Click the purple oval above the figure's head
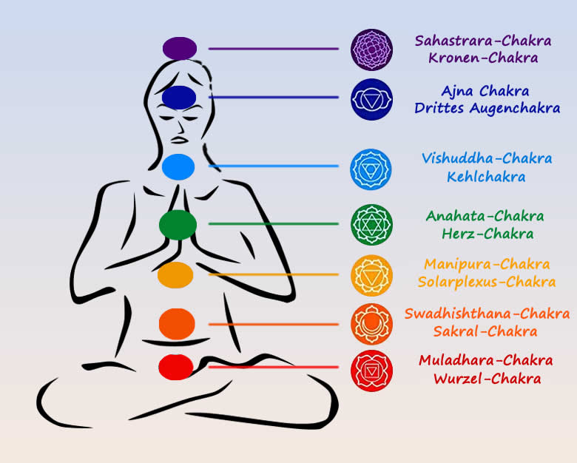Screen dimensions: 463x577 [x=180, y=49]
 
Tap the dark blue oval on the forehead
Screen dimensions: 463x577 [x=178, y=97]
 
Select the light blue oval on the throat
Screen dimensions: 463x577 [x=178, y=166]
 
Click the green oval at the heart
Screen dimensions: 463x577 [x=178, y=223]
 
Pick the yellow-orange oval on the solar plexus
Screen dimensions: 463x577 [x=175, y=274]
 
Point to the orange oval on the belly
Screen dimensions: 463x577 [x=177, y=324]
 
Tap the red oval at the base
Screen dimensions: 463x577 [x=176, y=366]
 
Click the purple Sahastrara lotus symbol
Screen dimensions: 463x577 [x=371, y=50]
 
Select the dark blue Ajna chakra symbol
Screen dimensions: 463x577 [x=371, y=99]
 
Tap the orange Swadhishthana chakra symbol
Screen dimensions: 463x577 [x=371, y=323]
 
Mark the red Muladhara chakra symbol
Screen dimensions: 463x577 [x=371, y=370]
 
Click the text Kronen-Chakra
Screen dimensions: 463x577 [x=482, y=58]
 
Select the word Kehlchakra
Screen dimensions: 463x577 [x=486, y=177]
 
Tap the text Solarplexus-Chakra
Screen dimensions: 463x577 [x=486, y=282]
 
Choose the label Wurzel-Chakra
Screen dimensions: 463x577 [x=487, y=379]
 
